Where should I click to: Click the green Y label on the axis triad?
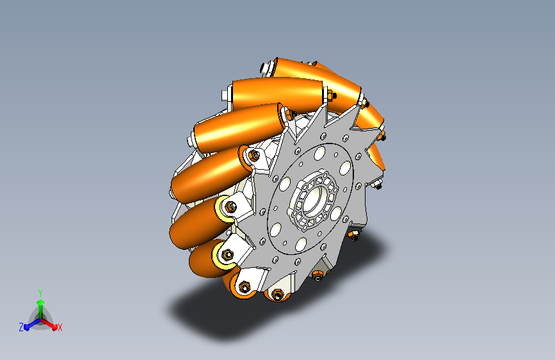tap(40, 293)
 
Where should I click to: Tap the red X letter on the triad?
tap(60, 327)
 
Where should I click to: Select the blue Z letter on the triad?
tap(21, 327)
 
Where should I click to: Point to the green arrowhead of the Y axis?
tap(41, 303)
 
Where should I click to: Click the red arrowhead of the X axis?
tap(54, 326)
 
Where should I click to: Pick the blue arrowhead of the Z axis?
tap(26, 327)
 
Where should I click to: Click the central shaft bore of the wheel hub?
tap(313, 199)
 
